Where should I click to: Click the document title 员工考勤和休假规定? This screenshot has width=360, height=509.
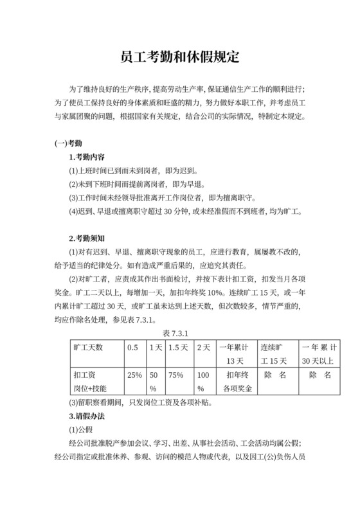coord(179,57)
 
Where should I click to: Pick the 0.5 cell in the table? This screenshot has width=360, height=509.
coord(132,347)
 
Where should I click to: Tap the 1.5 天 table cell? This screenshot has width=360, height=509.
coord(175,347)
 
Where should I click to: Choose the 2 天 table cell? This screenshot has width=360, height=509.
coord(203,347)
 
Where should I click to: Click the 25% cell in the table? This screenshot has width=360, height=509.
coord(134,375)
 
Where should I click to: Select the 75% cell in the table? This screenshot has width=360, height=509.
coord(175,375)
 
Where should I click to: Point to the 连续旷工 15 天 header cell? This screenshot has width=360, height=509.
coord(278,353)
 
